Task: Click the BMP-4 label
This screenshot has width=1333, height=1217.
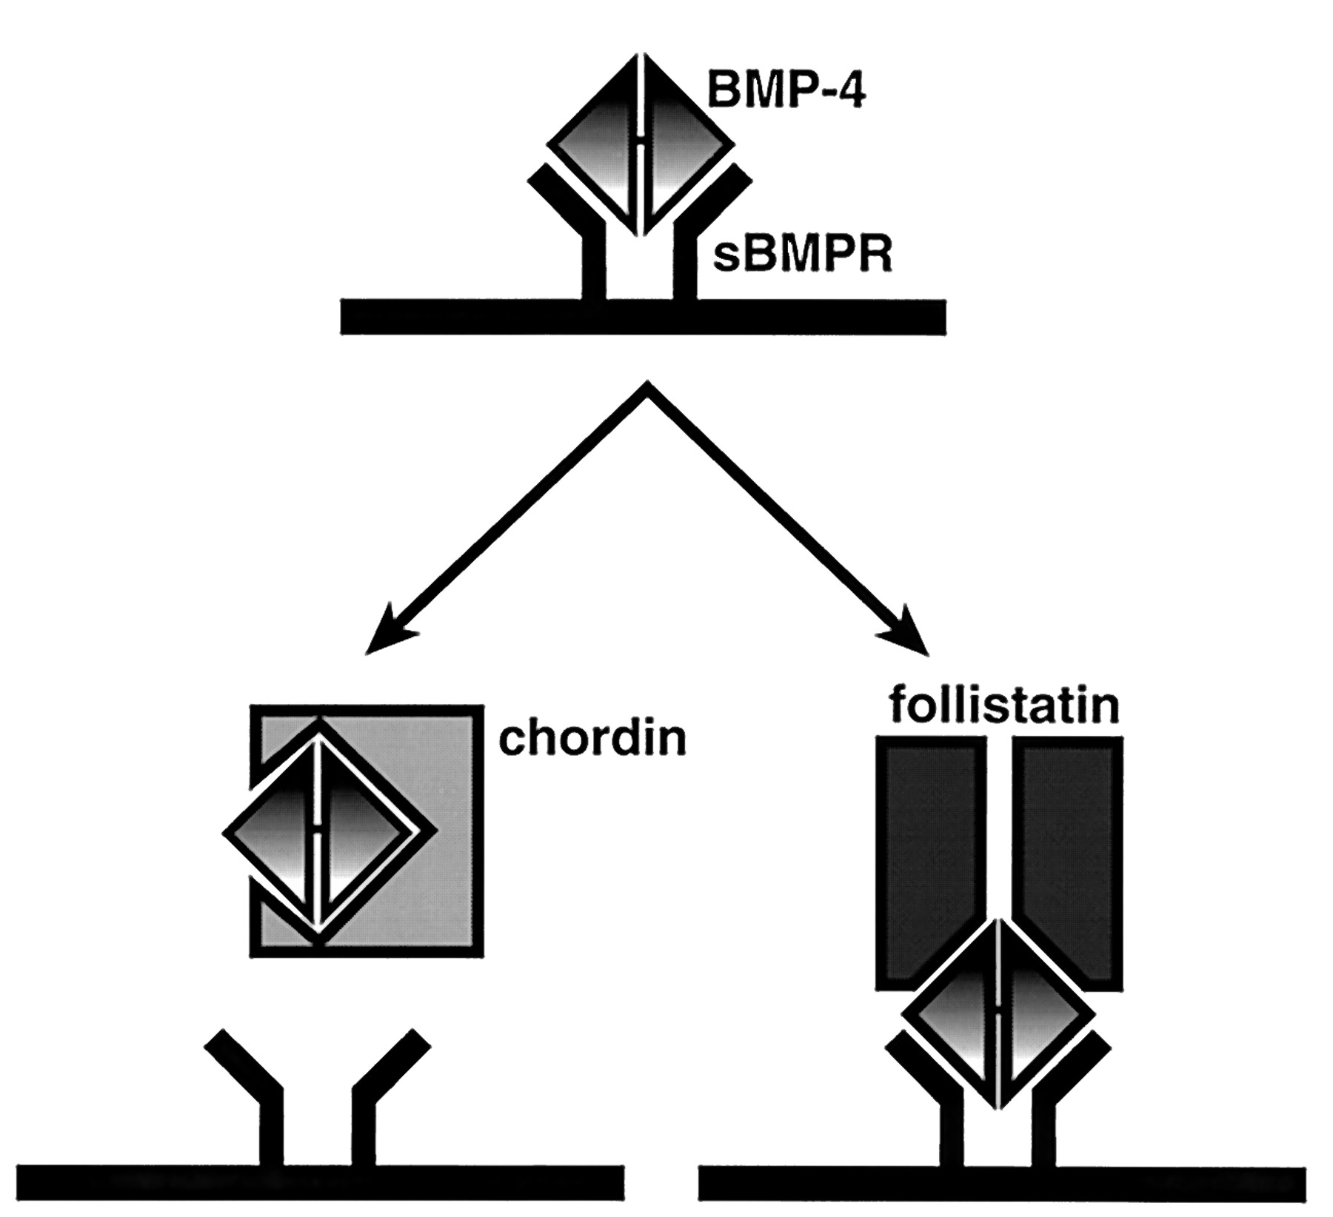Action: click(786, 90)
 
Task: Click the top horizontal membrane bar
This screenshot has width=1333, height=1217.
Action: click(643, 317)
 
